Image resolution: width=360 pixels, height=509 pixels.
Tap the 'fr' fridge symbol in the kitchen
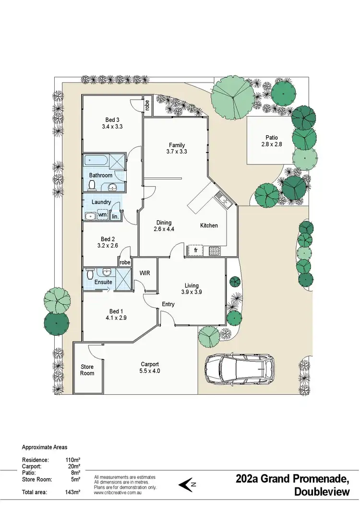(195, 250)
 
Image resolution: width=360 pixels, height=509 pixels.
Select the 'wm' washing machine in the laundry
(102, 215)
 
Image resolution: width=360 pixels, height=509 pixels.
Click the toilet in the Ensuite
(89, 274)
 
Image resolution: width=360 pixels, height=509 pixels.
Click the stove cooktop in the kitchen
(214, 250)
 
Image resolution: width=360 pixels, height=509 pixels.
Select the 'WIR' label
(144, 273)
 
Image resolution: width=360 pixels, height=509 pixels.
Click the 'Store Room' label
(87, 370)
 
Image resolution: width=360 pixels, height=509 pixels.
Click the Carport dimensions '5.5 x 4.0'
(150, 371)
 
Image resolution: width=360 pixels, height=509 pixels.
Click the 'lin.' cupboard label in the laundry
(115, 217)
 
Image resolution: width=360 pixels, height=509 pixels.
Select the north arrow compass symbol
(188, 485)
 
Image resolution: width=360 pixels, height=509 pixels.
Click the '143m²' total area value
(73, 492)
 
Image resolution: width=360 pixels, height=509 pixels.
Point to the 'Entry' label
(168, 304)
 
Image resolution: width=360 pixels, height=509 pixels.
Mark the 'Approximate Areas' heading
(45, 447)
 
